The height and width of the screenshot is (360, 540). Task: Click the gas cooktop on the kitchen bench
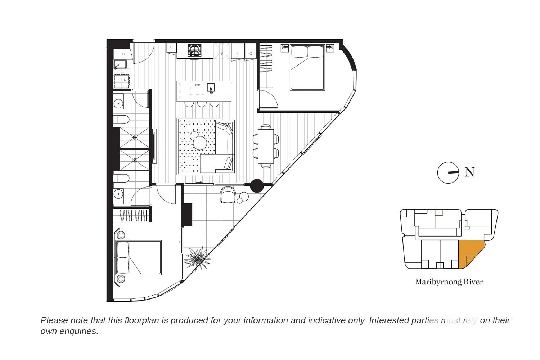[194, 50]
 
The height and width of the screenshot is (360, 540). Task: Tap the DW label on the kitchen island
[198, 85]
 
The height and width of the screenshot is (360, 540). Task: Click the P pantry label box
[238, 54]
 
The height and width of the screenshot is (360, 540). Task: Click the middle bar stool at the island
[202, 104]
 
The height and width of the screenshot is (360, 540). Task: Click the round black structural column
[257, 186]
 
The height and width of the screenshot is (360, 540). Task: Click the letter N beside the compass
[469, 172]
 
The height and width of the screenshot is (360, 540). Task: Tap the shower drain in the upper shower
[135, 137]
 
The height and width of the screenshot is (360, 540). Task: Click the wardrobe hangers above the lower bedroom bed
[131, 216]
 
